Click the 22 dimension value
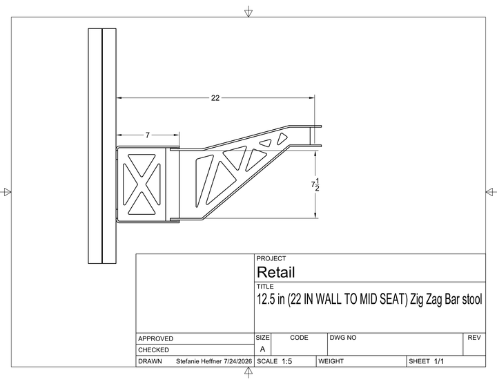coord(215,98)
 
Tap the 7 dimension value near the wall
coord(148,135)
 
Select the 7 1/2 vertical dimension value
coord(315,184)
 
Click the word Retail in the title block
coord(275,272)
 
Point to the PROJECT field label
coord(271,258)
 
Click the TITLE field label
coord(265,287)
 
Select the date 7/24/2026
coord(237,361)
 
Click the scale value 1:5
coord(287,361)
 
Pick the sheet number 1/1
coord(439,361)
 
